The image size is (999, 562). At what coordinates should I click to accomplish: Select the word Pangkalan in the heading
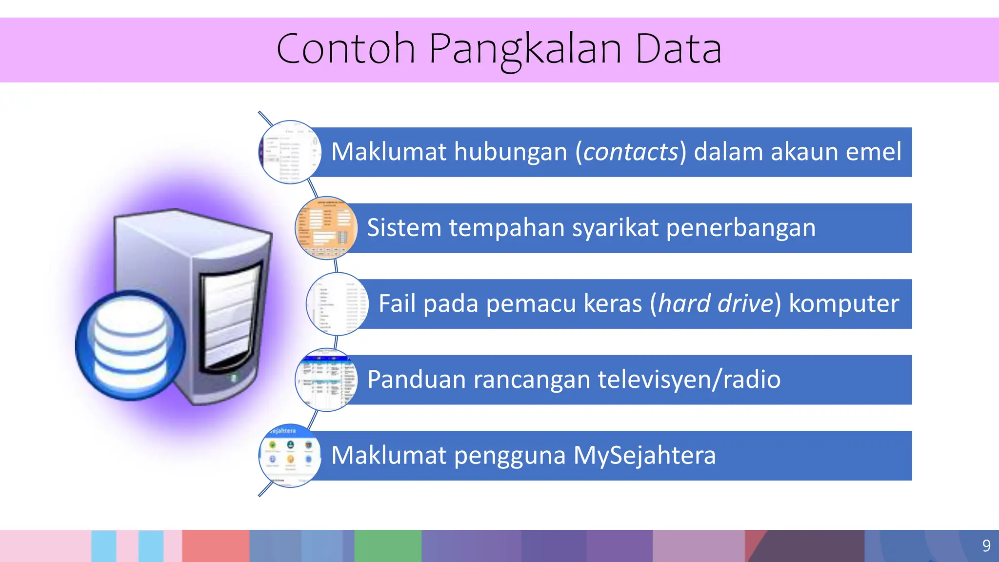[x=525, y=49]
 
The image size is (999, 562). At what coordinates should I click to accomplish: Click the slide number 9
[x=986, y=545]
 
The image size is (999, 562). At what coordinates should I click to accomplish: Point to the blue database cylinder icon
[x=130, y=345]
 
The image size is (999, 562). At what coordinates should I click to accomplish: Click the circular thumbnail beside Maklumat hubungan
[x=290, y=152]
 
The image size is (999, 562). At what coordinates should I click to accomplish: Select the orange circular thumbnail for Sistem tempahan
[x=326, y=228]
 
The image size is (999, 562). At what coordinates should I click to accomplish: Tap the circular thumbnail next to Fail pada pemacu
[x=338, y=304]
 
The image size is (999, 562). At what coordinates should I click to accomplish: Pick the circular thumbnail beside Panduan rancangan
[x=326, y=380]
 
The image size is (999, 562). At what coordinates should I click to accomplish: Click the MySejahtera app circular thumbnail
[x=290, y=455]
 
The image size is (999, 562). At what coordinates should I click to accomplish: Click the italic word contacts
[x=631, y=152]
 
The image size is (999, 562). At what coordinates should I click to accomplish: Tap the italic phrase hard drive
[x=716, y=303]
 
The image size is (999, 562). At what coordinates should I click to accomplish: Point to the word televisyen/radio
[x=689, y=380]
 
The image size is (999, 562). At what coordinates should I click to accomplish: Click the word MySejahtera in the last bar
[x=644, y=455]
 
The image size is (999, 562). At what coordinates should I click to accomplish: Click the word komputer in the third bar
[x=844, y=303]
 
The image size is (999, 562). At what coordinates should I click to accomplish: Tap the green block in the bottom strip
[x=387, y=545]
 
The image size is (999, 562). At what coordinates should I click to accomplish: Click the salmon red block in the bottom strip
[x=216, y=545]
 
